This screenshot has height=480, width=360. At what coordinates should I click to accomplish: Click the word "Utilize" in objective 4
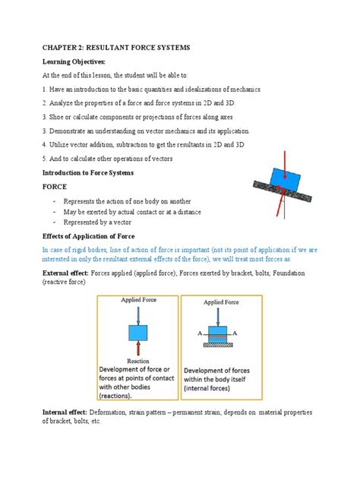pos(65,144)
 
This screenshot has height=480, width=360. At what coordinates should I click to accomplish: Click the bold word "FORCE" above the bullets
pos(58,187)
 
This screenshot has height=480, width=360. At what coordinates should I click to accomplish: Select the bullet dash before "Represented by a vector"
pos(54,224)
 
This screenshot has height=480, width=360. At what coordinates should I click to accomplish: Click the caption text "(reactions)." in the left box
pos(122,395)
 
